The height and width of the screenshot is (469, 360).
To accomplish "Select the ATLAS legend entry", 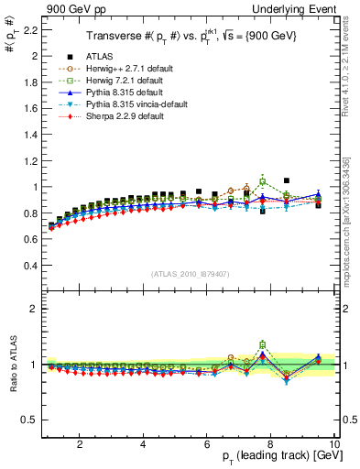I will coord(92,57).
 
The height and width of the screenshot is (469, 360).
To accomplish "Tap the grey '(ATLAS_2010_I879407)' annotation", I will coord(190,273).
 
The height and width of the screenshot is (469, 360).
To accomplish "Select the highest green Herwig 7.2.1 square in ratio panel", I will coord(263,345).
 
